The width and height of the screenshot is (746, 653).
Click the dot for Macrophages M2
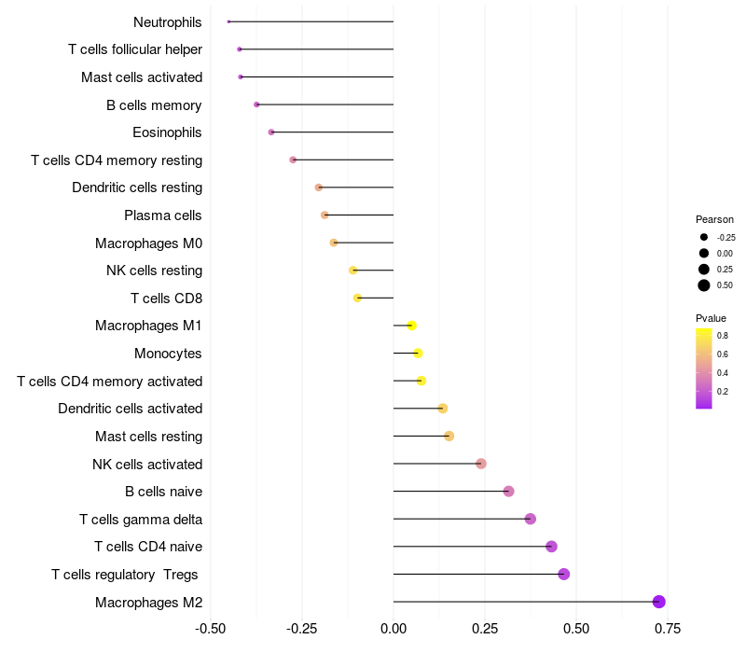tap(658, 602)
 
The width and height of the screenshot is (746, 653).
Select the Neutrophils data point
tap(228, 21)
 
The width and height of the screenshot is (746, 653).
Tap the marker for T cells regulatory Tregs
tap(563, 574)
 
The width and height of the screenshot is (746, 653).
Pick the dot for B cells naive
tap(508, 492)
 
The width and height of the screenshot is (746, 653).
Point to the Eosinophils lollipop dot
tap(271, 132)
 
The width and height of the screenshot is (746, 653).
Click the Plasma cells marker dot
tap(325, 215)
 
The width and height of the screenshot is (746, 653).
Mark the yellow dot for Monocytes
tap(418, 353)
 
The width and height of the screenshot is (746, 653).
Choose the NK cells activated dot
tap(481, 464)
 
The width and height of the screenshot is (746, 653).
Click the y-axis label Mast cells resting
tap(148, 437)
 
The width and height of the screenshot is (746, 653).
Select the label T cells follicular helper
tap(135, 49)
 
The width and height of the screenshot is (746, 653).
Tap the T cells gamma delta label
tap(141, 520)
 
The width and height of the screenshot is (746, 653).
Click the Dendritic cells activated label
tap(130, 409)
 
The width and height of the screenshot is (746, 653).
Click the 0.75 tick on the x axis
tap(667, 630)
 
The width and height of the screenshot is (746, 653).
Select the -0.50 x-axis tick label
tap(212, 630)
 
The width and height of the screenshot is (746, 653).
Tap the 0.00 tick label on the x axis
tap(394, 630)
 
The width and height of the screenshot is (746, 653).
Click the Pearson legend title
tap(714, 219)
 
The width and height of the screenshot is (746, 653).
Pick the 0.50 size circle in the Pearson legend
tap(704, 285)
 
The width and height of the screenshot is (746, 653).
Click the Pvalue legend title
tap(711, 318)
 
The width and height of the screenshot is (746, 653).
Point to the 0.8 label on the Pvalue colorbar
tap(723, 335)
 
